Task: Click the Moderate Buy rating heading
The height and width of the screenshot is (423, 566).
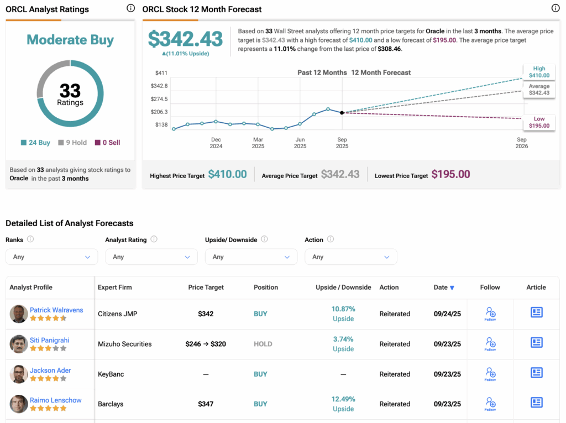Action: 70,40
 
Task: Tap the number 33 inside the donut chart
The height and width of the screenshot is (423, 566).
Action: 70,90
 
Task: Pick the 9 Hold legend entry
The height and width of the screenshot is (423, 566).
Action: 72,143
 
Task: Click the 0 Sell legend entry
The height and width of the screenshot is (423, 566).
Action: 107,143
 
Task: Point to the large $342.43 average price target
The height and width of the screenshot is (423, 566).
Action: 186,39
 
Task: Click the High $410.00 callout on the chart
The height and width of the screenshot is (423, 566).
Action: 539,72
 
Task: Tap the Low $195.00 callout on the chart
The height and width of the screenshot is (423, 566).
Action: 539,122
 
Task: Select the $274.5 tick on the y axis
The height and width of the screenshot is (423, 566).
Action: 159,99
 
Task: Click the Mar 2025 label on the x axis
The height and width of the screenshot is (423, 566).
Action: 258,143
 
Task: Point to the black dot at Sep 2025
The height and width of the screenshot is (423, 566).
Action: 342,113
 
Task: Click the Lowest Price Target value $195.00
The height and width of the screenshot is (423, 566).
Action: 450,175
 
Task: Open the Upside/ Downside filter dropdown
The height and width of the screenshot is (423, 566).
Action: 251,257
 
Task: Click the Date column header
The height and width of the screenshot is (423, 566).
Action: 444,288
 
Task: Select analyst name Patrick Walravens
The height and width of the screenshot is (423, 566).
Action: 56,310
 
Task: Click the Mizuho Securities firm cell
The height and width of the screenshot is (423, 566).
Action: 124,344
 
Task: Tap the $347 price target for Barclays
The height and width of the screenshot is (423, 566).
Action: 206,404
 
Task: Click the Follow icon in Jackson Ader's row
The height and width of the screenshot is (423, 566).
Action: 490,374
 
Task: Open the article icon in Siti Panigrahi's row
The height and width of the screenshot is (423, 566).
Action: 536,343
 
